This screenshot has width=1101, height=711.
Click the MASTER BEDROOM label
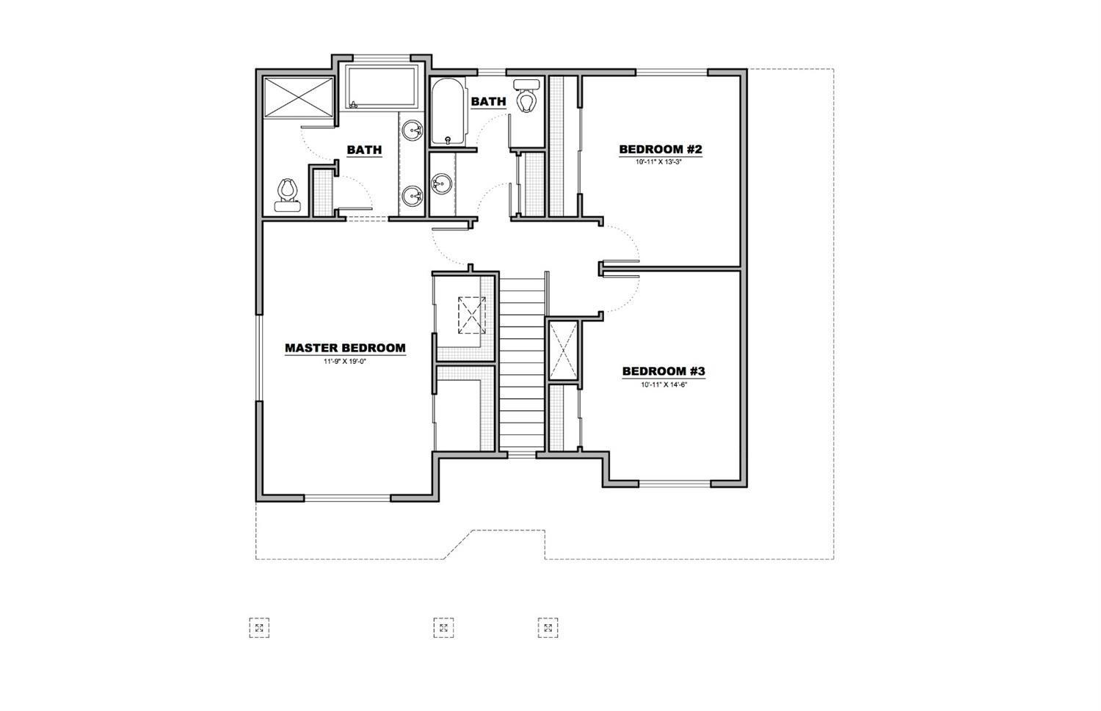(345, 348)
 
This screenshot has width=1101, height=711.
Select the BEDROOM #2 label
(661, 150)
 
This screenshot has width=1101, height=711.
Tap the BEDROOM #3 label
(664, 371)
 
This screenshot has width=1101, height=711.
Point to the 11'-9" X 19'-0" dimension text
(345, 362)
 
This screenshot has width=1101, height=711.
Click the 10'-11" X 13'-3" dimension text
(660, 161)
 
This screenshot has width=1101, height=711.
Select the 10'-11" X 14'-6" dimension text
(664, 384)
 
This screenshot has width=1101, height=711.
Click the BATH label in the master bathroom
(364, 150)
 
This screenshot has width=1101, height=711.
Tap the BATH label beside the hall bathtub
(488, 101)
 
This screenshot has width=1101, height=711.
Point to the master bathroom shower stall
(298, 96)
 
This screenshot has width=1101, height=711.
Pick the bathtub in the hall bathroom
(448, 112)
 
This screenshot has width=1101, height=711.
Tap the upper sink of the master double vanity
(413, 131)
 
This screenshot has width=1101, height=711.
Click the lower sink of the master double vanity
(413, 195)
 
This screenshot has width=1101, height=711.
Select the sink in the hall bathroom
(441, 183)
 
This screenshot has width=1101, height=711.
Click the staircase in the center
(523, 363)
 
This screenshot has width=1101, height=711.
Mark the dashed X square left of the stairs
(471, 315)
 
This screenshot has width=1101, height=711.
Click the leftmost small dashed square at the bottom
(259, 627)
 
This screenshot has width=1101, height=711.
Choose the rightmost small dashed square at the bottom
(548, 627)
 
